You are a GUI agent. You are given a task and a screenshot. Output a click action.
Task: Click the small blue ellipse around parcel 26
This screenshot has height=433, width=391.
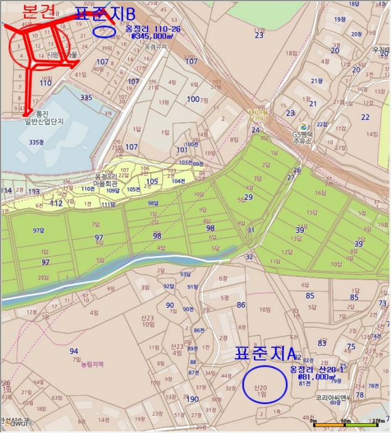point(106,30)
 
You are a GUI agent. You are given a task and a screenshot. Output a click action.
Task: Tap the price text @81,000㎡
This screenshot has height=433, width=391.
point(316,376)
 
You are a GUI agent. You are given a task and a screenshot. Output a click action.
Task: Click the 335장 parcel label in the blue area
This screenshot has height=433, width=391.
point(37,142)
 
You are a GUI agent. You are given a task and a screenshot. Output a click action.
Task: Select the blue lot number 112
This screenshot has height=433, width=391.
point(56,203)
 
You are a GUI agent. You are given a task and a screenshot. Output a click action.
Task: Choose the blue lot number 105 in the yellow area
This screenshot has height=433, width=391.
point(152,181)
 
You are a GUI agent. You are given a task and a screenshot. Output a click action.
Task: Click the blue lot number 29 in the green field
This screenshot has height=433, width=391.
point(248,197)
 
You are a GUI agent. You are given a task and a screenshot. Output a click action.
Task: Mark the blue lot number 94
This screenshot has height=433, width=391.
point(74,351)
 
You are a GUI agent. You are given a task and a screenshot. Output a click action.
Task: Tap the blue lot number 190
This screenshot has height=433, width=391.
point(193,399)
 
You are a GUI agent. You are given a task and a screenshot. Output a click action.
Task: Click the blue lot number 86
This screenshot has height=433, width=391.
point(241,305)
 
